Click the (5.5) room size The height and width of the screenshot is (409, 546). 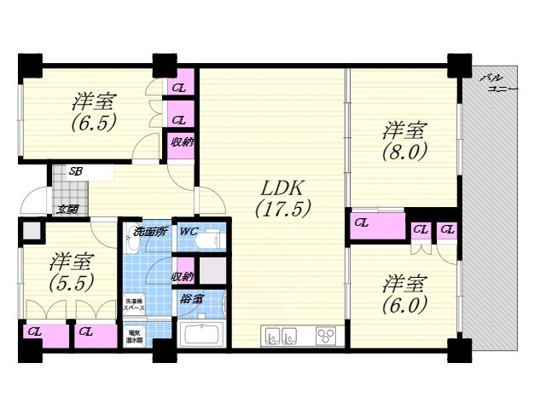(x=70, y=280)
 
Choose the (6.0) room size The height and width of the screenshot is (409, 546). (x=404, y=303)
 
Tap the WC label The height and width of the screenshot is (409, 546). (x=189, y=231)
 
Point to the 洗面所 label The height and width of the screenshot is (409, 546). (x=148, y=232)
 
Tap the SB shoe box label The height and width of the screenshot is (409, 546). (x=76, y=172)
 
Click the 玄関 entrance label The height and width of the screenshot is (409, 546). (x=67, y=209)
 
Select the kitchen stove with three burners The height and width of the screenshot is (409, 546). (x=327, y=334)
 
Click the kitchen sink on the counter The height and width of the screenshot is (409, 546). (x=282, y=334)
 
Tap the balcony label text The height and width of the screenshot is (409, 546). (x=497, y=84)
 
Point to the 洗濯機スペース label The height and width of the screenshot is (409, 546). (x=136, y=304)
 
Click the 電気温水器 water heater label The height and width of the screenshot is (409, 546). (x=136, y=336)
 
